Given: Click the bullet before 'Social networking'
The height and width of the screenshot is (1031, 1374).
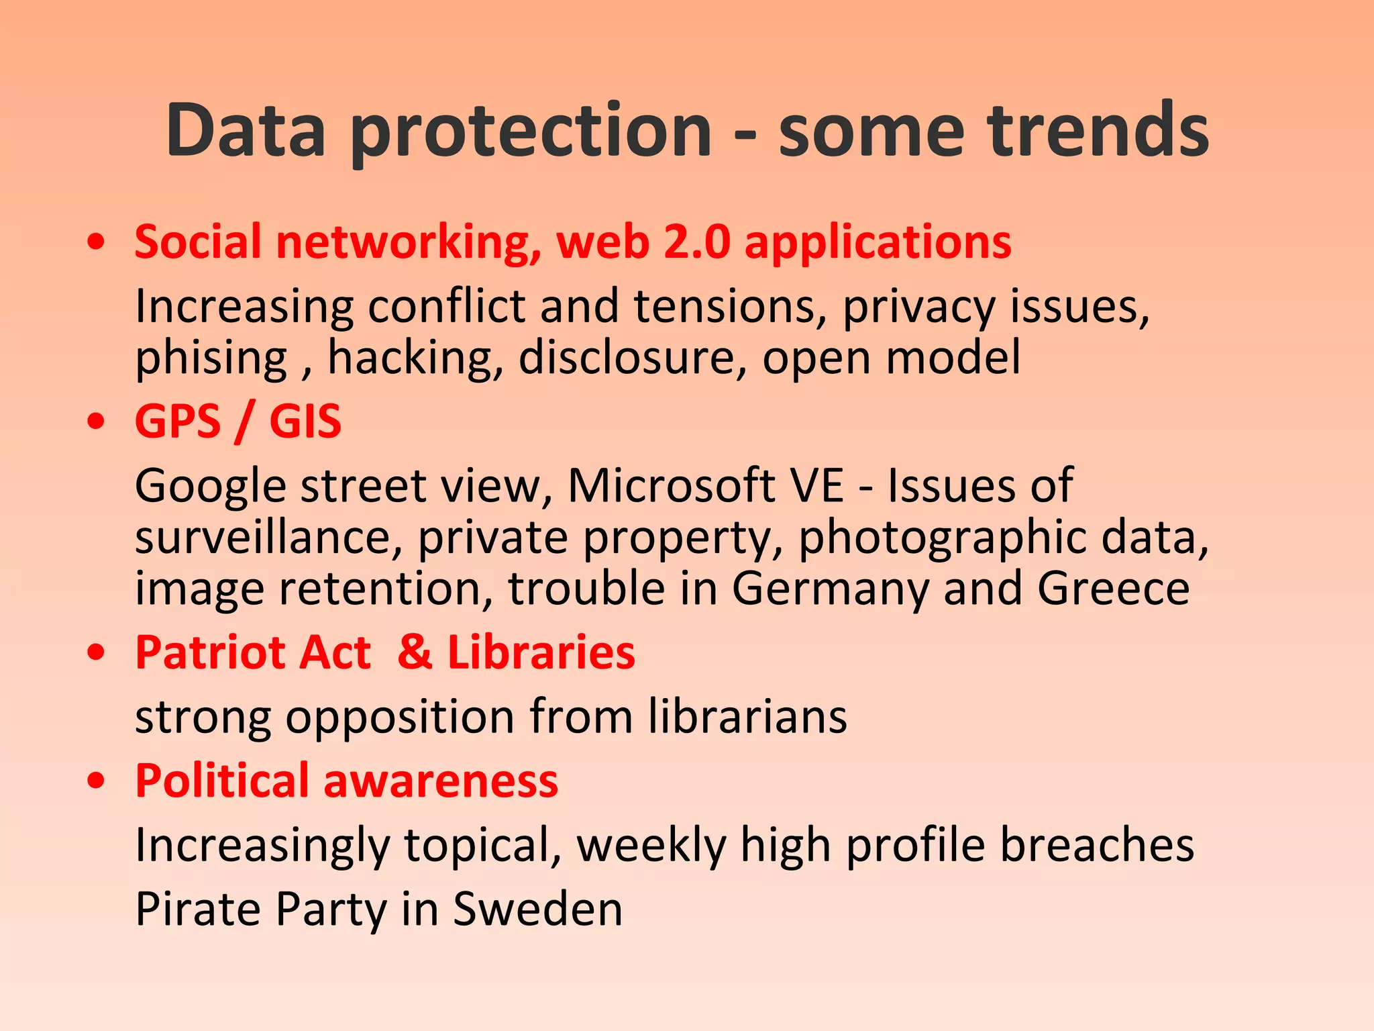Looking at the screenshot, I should pyautogui.click(x=97, y=242).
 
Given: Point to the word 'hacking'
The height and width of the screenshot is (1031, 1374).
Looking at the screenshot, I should pyautogui.click(x=415, y=358).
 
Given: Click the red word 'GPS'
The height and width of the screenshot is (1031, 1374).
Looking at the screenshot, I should pyautogui.click(x=178, y=422).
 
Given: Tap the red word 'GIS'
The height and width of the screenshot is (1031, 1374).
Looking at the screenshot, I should pyautogui.click(x=305, y=422).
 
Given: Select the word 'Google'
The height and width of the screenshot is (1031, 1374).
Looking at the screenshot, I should pyautogui.click(x=211, y=487).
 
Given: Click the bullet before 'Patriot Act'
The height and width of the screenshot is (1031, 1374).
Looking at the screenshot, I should pyautogui.click(x=97, y=652).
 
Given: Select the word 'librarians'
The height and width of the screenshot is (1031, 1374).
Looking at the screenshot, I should pyautogui.click(x=747, y=716).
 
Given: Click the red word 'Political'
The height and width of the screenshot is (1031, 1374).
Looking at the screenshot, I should pyautogui.click(x=221, y=781).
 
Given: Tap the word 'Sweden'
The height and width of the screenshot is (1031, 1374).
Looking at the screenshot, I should pyautogui.click(x=537, y=909).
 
